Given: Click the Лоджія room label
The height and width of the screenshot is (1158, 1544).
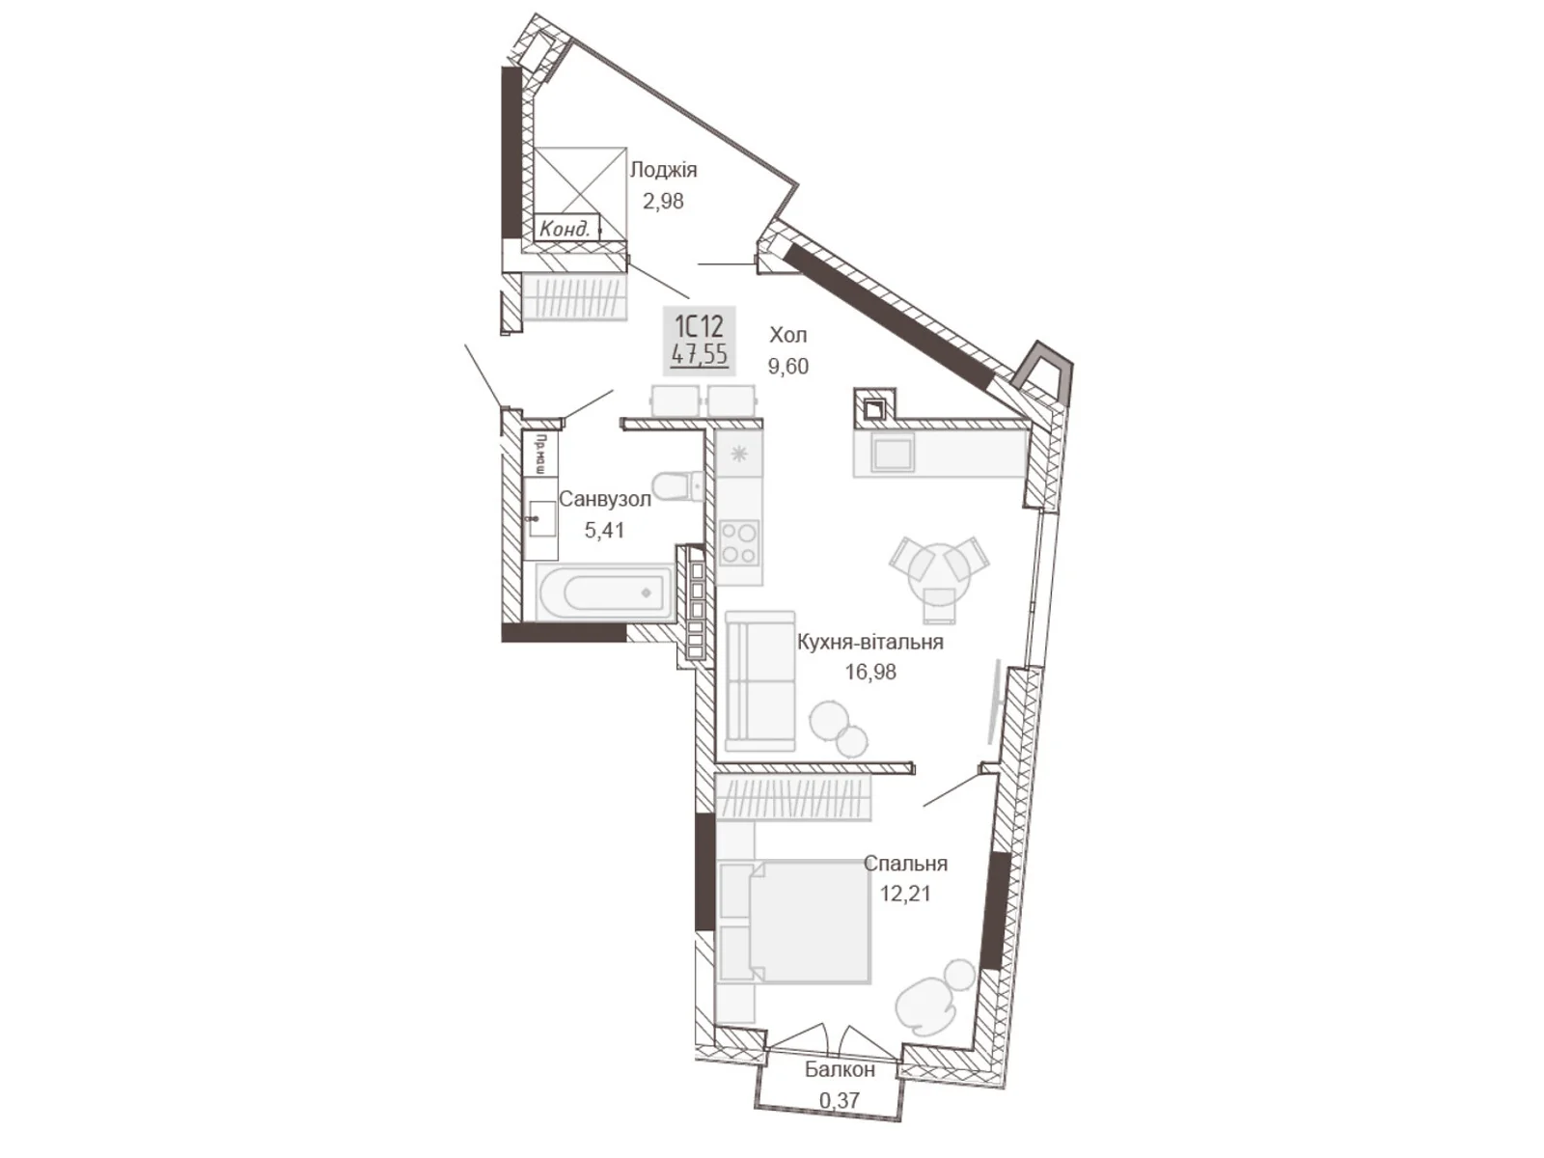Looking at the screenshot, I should click(663, 170).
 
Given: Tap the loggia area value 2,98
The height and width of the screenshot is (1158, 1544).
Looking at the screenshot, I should click(663, 201).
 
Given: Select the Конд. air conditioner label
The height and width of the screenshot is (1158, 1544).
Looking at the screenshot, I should click(565, 229).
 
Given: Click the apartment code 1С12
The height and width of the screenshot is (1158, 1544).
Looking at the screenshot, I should click(699, 324).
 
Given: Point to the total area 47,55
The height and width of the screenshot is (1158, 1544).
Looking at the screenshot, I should click(700, 354).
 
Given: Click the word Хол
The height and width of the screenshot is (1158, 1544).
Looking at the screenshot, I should click(787, 335).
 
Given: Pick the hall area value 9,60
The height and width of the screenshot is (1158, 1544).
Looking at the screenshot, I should click(787, 367).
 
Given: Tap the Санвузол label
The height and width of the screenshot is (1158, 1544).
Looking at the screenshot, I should click(605, 500).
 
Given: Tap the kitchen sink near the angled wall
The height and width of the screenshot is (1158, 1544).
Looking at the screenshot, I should click(893, 452).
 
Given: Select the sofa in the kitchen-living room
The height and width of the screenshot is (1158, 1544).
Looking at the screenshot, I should click(759, 680).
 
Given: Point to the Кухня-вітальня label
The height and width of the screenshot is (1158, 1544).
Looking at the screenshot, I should click(869, 642).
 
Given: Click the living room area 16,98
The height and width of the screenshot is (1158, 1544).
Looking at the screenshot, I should click(870, 672).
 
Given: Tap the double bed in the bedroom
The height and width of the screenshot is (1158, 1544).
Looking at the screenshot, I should click(796, 922).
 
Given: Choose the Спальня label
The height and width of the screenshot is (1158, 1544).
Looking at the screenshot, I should click(905, 864).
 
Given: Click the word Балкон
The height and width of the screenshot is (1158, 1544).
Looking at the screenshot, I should click(840, 1069).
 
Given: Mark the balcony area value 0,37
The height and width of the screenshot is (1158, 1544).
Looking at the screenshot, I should click(839, 1099).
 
